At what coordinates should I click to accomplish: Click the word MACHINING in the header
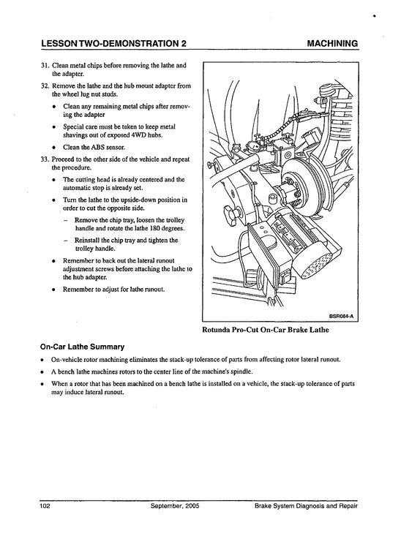(332, 43)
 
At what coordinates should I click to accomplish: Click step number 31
(44, 66)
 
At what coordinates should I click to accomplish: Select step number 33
(44, 159)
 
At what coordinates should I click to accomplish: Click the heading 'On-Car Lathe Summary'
(82, 347)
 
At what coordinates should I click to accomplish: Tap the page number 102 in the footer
(45, 506)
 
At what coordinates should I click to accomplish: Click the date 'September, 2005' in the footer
(175, 506)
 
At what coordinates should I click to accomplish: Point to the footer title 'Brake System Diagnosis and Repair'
(306, 506)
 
